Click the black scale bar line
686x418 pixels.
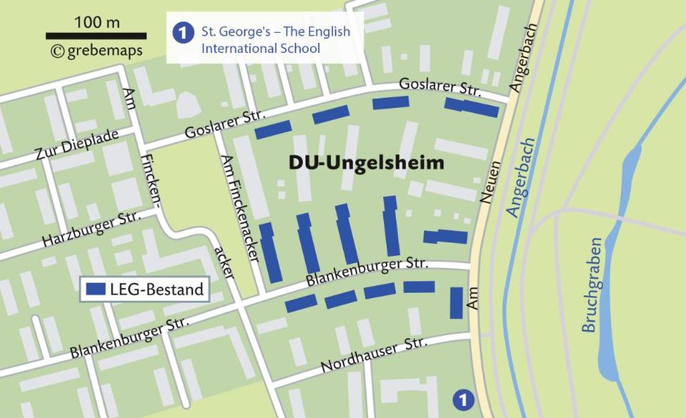coord(96,36)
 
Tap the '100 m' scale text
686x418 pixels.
coord(97,21)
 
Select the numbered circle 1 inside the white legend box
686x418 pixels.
coord(184,33)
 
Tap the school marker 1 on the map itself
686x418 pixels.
coord(463,399)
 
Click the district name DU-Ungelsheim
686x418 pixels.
coord(366,163)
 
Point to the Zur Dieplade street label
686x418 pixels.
coord(77,145)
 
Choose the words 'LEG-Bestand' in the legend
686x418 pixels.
coord(157,290)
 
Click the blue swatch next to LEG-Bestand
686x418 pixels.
coord(96,290)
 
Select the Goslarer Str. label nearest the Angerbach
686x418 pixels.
coord(440,88)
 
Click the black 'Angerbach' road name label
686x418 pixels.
coord(520,68)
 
